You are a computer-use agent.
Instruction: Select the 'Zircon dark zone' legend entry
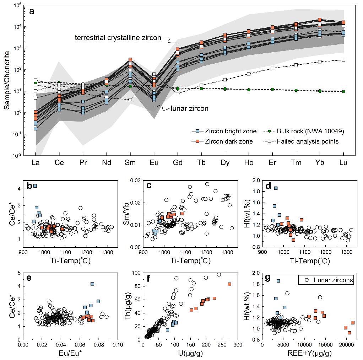pos(222,141)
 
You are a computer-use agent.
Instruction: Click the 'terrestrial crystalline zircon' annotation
pos(118,37)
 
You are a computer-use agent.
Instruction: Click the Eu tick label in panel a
pos(154,163)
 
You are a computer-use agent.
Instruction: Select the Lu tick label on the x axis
pos(343,163)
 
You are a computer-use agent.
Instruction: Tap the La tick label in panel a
pos(36,163)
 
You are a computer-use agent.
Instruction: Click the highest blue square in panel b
pos(35,186)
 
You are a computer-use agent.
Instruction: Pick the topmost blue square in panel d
pos(276,188)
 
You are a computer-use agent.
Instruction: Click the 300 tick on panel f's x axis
pos(238,345)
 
